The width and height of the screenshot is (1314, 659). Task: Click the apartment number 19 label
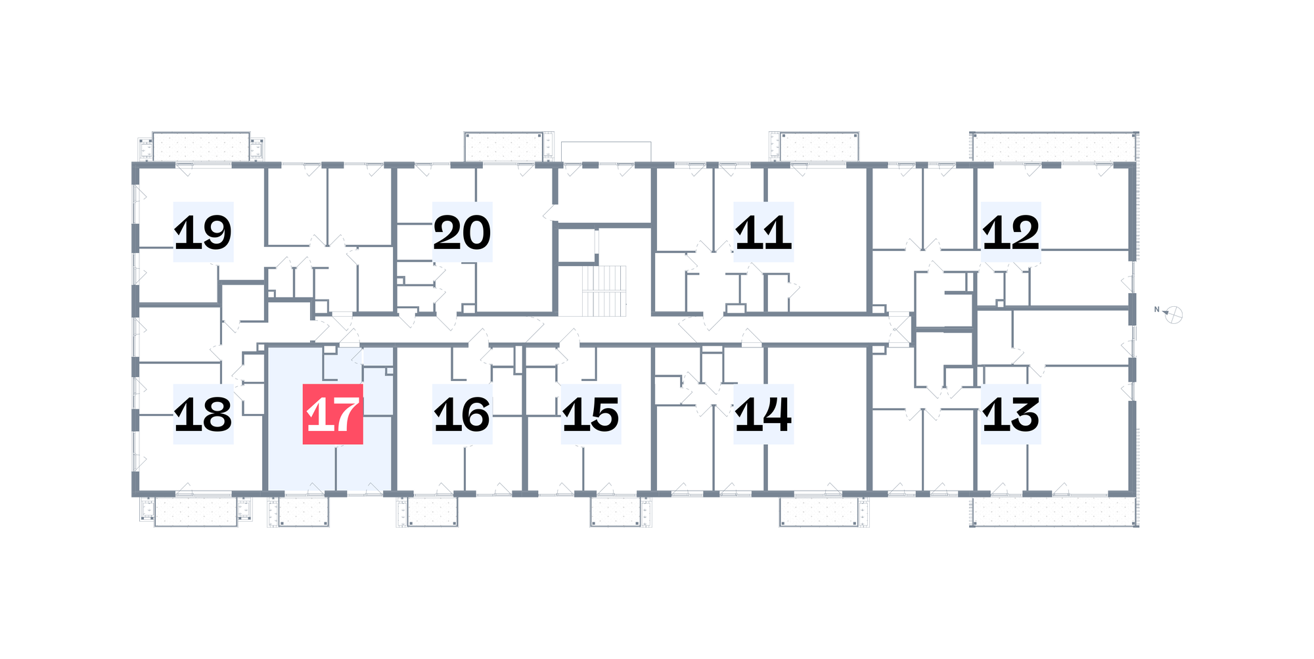(203, 232)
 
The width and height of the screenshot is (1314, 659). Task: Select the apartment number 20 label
(462, 232)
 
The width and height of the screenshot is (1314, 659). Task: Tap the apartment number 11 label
(763, 232)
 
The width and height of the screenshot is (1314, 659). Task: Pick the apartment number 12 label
(1011, 232)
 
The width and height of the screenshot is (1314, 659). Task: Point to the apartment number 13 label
(1011, 414)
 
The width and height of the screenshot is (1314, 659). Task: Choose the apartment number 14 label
(763, 414)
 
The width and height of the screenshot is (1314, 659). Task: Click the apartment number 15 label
(591, 414)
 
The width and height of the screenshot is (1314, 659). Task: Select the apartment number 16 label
(462, 414)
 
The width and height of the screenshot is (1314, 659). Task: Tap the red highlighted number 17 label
(332, 414)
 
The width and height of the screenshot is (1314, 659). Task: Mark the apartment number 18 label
(203, 414)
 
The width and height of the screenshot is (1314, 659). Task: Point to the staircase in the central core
(604, 291)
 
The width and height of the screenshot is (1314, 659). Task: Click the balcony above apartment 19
(201, 146)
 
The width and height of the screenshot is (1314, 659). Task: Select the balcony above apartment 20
(504, 146)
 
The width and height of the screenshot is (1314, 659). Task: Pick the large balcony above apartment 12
(1054, 147)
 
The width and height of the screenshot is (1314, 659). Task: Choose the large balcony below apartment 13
(1054, 511)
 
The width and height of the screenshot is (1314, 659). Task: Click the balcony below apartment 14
(819, 511)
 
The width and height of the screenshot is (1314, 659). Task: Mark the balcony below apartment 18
(196, 511)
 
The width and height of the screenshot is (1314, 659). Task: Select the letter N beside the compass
(1156, 309)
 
